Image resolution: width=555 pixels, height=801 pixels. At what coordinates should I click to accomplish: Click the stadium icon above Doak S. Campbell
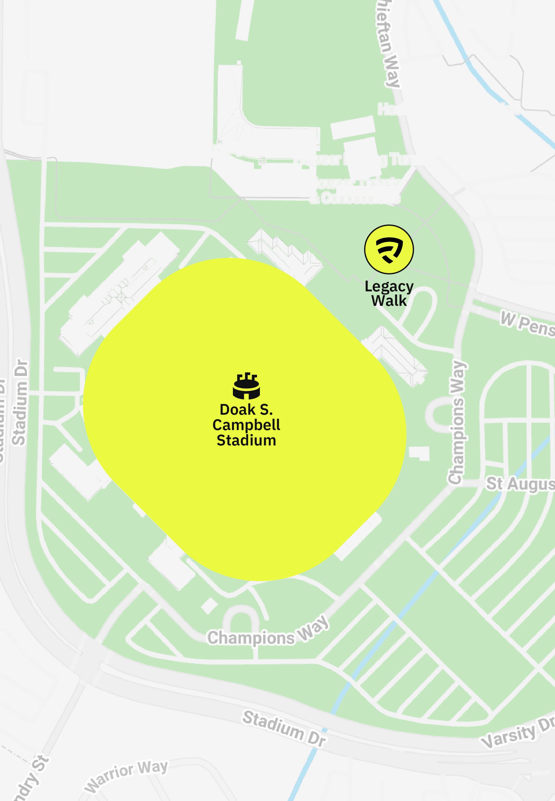point(246,386)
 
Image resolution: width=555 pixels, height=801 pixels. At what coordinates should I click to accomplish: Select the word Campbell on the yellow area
point(246,425)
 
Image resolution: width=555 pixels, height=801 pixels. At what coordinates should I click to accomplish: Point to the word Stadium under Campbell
point(246,440)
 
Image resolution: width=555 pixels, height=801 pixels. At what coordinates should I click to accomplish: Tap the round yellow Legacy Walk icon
point(389,249)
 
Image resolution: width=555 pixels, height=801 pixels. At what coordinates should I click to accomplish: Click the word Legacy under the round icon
point(389,287)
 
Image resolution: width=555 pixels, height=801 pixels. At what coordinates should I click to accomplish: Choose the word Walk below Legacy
point(389,301)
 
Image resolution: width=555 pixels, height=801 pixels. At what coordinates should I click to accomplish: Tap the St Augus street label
point(520,484)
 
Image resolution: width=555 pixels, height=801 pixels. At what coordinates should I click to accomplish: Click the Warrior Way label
point(127,776)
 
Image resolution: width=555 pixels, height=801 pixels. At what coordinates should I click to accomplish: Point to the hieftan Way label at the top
point(389,43)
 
